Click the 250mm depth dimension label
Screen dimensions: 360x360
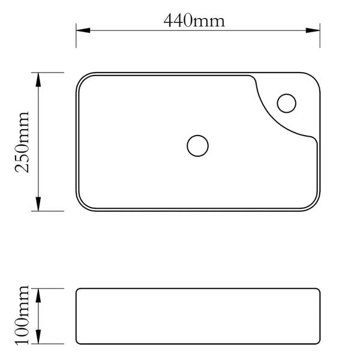22,142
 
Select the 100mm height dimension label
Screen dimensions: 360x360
22,316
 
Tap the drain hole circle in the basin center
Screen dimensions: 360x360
197,145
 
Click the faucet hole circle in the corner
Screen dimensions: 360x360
287,103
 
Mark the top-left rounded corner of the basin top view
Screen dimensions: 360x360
81,78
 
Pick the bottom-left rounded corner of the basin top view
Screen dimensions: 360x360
81,205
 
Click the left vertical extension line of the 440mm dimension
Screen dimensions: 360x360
76,36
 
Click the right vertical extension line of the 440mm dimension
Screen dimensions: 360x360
320,36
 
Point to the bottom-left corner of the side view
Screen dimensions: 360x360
77,343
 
